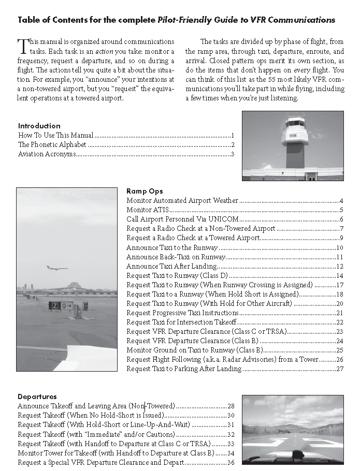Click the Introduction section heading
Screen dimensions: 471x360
[x=39, y=126]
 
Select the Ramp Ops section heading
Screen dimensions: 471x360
[x=145, y=191]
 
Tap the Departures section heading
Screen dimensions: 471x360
[x=37, y=396]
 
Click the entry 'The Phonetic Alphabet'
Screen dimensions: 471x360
[x=52, y=144]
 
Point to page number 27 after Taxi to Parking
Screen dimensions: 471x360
[x=340, y=369]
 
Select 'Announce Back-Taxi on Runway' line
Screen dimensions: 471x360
[x=176, y=257]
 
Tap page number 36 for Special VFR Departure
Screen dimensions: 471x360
[x=231, y=462]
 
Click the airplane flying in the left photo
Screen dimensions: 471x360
[x=57, y=268]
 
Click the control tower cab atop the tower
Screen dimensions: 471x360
[x=295, y=123]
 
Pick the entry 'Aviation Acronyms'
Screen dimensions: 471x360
[x=47, y=154]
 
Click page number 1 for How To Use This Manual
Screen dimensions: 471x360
[x=233, y=135]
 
